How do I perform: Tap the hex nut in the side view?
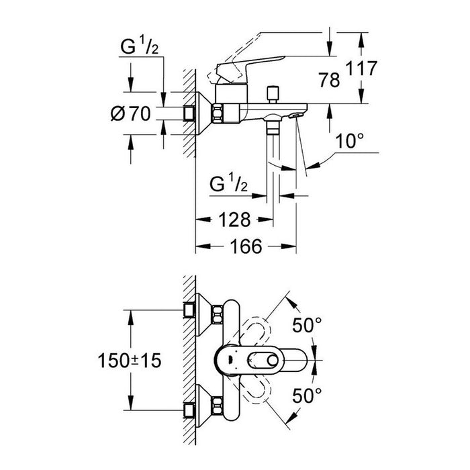click(x=220, y=114)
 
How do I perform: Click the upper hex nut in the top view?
click(x=218, y=312)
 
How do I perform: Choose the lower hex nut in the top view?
click(x=218, y=406)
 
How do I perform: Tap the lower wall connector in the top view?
click(x=191, y=406)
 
